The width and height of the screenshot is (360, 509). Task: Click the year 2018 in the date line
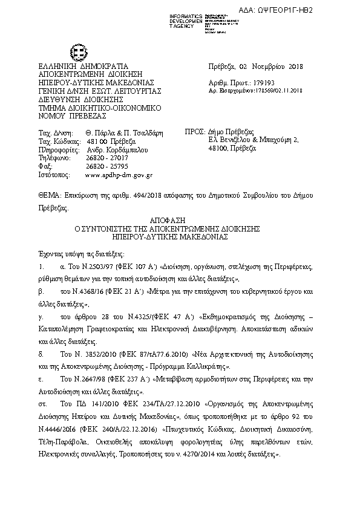coord(295,66)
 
